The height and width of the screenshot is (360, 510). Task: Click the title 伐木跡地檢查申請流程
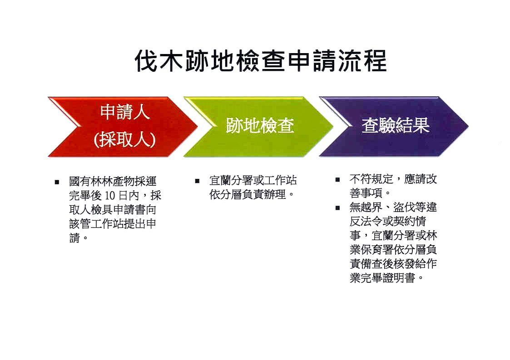click(x=261, y=61)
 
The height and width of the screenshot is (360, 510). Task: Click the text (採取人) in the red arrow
click(x=125, y=140)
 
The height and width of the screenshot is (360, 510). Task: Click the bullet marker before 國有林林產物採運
click(x=57, y=182)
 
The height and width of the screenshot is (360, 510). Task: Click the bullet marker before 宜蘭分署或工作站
click(x=197, y=181)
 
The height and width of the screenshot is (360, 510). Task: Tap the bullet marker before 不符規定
click(x=337, y=179)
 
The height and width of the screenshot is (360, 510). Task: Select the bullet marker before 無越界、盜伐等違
click(x=337, y=208)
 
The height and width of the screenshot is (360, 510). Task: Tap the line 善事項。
click(x=370, y=193)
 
